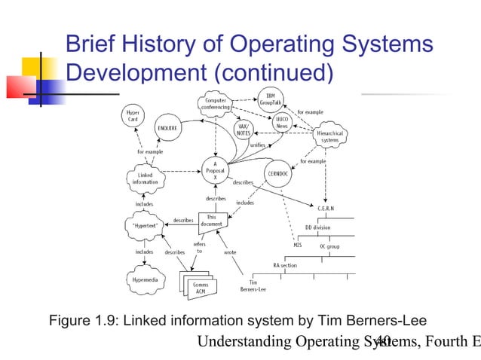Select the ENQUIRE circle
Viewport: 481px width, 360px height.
tap(168, 129)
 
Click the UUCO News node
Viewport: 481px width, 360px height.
tap(281, 123)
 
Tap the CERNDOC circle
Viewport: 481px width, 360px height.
tap(276, 173)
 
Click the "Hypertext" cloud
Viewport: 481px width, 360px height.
tap(144, 224)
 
